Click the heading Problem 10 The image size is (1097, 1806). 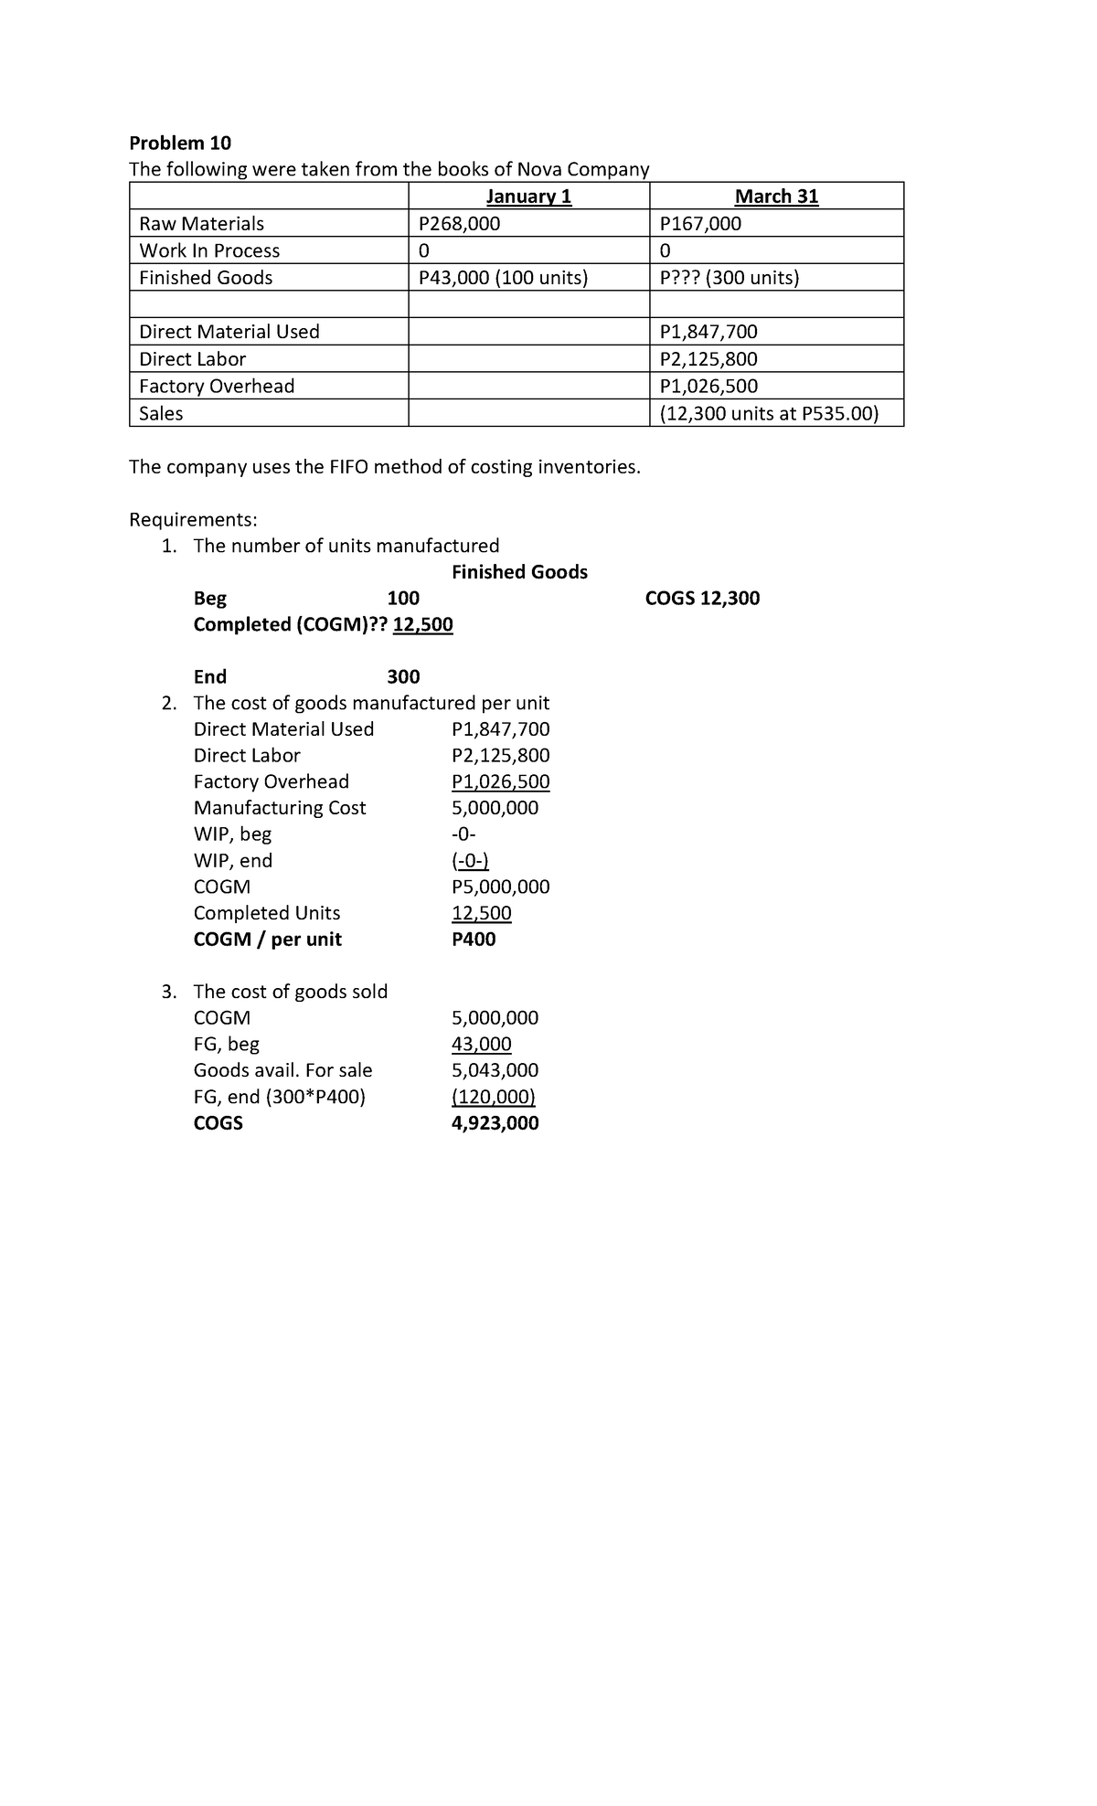[x=180, y=143]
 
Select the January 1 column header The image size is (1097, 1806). [x=528, y=197]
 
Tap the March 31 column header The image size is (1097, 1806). [x=776, y=197]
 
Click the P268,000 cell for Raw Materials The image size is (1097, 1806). [x=459, y=224]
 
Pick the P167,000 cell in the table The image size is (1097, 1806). [x=700, y=224]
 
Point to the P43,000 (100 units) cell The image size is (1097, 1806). [x=502, y=278]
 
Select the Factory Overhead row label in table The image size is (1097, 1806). [x=217, y=386]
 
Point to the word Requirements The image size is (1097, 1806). [x=193, y=520]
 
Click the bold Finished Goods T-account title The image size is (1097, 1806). [x=519, y=572]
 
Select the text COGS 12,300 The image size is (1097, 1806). [x=702, y=599]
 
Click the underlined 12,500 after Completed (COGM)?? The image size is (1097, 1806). [x=422, y=625]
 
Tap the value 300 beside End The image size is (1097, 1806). [x=403, y=677]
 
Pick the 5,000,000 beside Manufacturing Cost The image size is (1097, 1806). [x=495, y=808]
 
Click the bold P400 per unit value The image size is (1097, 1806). [x=474, y=940]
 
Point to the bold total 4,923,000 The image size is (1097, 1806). [x=495, y=1123]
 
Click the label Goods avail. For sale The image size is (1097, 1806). [x=282, y=1070]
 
